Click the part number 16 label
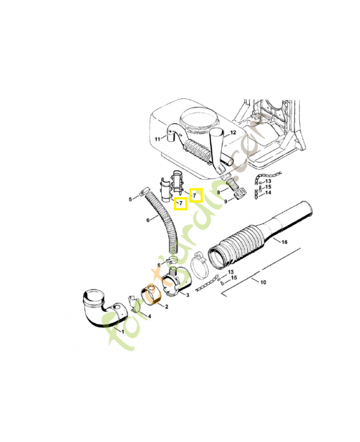tap(285, 242)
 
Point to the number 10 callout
tap(263, 282)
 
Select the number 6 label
tap(148, 220)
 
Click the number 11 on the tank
tap(157, 139)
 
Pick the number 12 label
tap(233, 133)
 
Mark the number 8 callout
tap(219, 192)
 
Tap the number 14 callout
tap(268, 193)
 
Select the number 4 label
tap(149, 316)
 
